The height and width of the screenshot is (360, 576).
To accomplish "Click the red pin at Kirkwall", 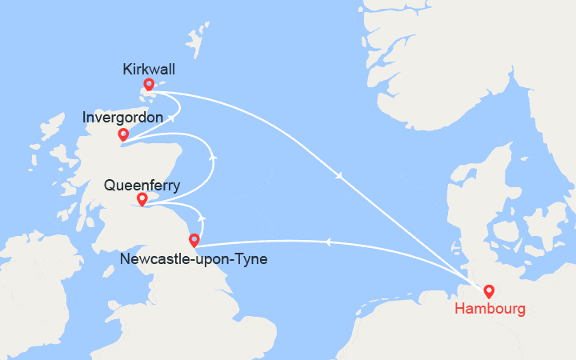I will tap(148, 84).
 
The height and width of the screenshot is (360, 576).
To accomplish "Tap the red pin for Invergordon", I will tap(123, 134).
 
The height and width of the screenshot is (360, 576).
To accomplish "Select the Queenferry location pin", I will tap(142, 198).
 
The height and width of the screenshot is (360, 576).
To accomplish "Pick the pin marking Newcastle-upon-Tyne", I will tap(194, 239).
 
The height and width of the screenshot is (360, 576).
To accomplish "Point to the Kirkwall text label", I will tap(149, 70).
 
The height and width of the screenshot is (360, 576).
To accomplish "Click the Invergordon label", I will tap(123, 118).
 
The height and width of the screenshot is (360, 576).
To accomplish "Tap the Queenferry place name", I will tap(142, 186).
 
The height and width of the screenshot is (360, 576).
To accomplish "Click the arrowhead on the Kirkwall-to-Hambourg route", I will tap(342, 176).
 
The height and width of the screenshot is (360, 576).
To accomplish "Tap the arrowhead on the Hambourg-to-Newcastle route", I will tap(328, 241).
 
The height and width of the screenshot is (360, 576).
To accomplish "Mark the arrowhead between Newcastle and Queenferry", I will tap(202, 217).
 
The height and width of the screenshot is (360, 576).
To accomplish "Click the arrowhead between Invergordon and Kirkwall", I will tap(171, 118).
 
